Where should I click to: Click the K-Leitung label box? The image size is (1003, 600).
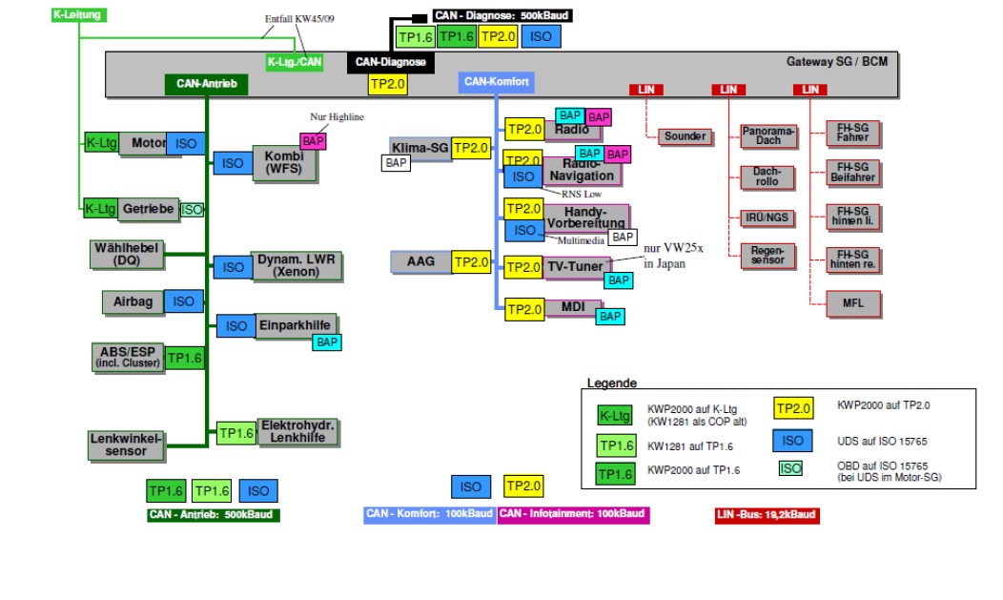(x=78, y=15)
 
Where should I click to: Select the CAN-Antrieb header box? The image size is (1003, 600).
(x=206, y=84)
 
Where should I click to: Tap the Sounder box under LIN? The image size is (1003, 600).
(x=685, y=136)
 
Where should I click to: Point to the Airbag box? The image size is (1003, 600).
(x=133, y=301)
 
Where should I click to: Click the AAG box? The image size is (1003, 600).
(x=420, y=262)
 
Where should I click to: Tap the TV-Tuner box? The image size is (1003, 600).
(x=576, y=267)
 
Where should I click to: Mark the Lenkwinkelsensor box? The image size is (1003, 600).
(x=126, y=445)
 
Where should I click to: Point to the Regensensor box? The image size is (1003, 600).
(x=768, y=255)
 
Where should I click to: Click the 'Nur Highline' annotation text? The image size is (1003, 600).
(x=337, y=117)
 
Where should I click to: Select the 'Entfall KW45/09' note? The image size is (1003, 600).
(x=299, y=19)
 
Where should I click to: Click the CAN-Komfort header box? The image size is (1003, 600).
(x=496, y=82)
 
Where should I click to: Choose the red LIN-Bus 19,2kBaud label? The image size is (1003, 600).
(x=767, y=515)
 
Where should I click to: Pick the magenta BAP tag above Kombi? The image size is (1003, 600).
(x=314, y=141)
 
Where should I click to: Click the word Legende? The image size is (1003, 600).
(x=611, y=383)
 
